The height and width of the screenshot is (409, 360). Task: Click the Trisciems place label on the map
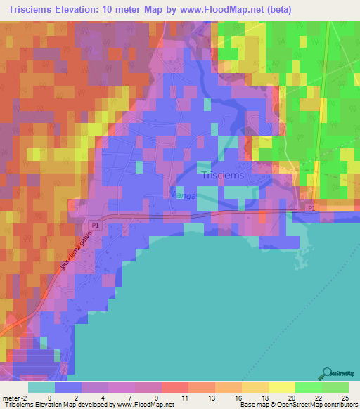click(223, 176)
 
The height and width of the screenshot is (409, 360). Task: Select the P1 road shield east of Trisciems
click(311, 209)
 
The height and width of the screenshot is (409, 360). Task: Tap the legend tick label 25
click(345, 397)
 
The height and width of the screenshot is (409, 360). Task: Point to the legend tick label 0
click(49, 397)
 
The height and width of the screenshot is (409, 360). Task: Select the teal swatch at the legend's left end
click(41, 387)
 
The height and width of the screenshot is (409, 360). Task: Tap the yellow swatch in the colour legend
click(281, 387)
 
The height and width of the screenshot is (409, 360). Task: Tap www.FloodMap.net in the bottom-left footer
click(139, 405)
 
